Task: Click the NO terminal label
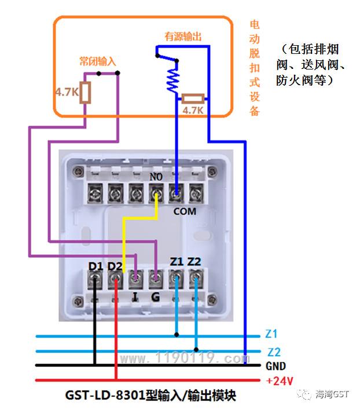tap(156, 177)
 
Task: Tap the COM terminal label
tap(185, 211)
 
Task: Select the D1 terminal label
tap(95, 266)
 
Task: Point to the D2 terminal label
tap(115, 266)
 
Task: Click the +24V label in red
tap(280, 381)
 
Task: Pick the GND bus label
tap(275, 366)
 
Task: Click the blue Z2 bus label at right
tap(274, 352)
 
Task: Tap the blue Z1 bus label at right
tap(271, 334)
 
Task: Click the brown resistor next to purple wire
tap(85, 93)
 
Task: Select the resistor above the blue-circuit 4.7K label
tap(193, 98)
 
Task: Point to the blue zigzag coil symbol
tap(173, 80)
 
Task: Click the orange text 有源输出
tap(183, 36)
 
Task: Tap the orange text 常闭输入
tap(97, 61)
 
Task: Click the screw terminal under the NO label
tap(156, 194)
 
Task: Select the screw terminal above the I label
tap(136, 279)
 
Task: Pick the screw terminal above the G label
tap(156, 279)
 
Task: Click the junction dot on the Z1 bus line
tap(177, 335)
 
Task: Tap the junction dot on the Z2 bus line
tap(196, 350)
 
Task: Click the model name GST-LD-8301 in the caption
tap(105, 395)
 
